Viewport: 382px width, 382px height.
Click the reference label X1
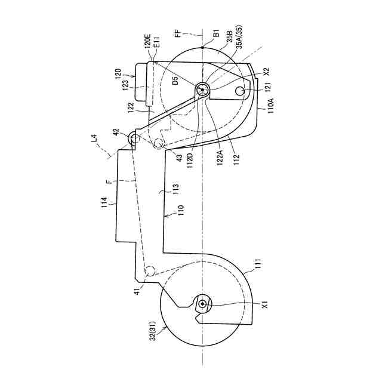pos(265,304)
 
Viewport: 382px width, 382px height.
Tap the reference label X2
pos(267,72)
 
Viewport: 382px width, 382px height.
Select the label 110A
pos(271,105)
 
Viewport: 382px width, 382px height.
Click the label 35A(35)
pos(239,36)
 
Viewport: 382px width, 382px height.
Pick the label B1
pos(216,33)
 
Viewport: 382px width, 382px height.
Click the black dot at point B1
pos(202,48)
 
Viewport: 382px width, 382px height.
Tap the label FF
pos(178,33)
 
